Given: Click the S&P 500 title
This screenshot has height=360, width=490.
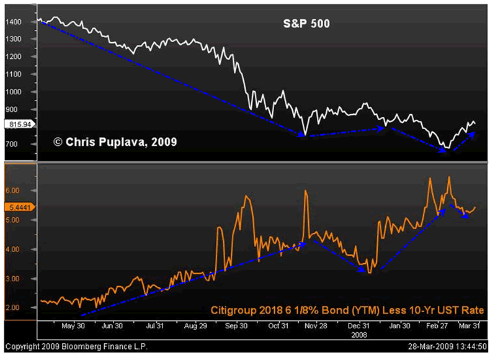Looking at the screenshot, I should (x=303, y=25).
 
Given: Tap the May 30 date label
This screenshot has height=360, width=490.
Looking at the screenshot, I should (x=73, y=325).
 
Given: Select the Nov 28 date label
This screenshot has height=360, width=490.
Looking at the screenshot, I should (x=316, y=325).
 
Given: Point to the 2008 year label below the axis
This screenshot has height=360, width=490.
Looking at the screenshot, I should (x=358, y=333).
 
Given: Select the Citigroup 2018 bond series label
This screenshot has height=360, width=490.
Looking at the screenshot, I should (x=347, y=310).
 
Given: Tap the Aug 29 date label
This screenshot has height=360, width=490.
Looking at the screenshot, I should (x=195, y=325).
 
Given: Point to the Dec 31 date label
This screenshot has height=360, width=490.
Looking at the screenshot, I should (x=358, y=325).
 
